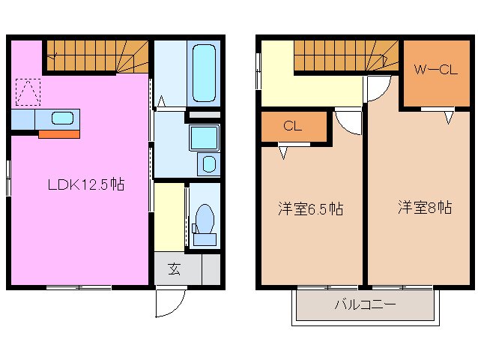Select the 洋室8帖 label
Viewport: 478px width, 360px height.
tap(424, 207)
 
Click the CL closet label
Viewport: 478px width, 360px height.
tap(292, 126)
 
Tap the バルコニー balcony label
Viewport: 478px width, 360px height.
tap(365, 306)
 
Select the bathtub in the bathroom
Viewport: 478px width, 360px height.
tap(204, 73)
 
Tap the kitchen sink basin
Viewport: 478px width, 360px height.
tap(62, 118)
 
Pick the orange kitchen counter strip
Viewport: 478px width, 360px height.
tap(58, 134)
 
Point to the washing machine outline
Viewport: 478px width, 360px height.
tap(208, 164)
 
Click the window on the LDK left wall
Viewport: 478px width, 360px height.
tap(9, 178)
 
